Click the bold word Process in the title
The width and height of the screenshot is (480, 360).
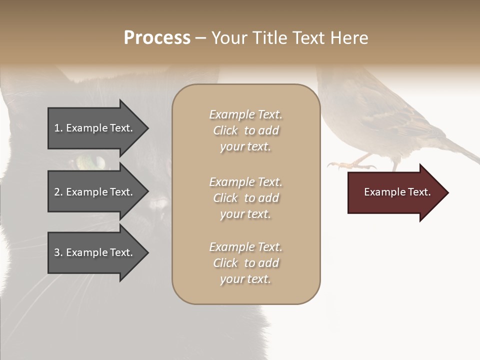(x=157, y=38)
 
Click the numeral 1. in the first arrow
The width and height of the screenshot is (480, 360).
(x=58, y=128)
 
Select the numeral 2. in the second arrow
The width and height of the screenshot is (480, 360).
(x=58, y=192)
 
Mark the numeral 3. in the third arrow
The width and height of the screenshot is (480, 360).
(x=58, y=252)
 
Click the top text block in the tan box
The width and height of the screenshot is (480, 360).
(x=245, y=130)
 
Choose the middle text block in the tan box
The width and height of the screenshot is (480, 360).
(x=245, y=198)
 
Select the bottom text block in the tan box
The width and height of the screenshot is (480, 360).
(x=245, y=263)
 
